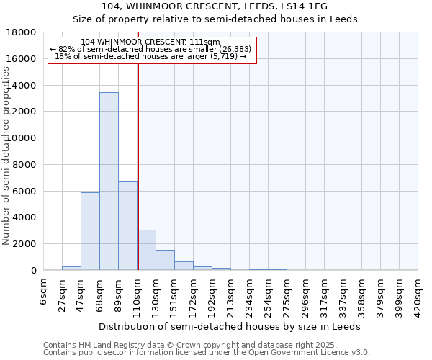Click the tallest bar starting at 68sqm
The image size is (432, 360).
tap(109, 181)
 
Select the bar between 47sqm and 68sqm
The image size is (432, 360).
tap(90, 231)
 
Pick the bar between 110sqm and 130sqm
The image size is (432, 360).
tap(146, 250)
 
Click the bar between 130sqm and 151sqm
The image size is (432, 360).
tap(165, 260)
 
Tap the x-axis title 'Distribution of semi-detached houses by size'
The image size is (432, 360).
tap(230, 326)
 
